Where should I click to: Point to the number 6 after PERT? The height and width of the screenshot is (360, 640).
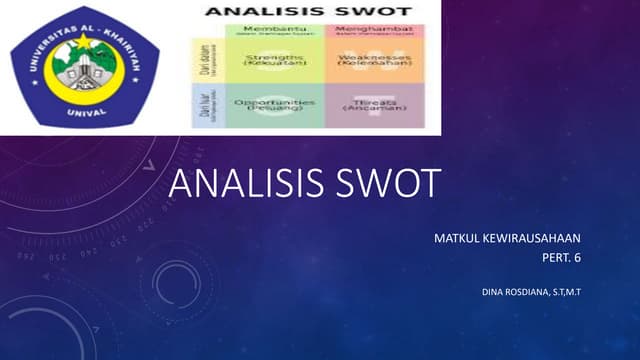click(x=577, y=258)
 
